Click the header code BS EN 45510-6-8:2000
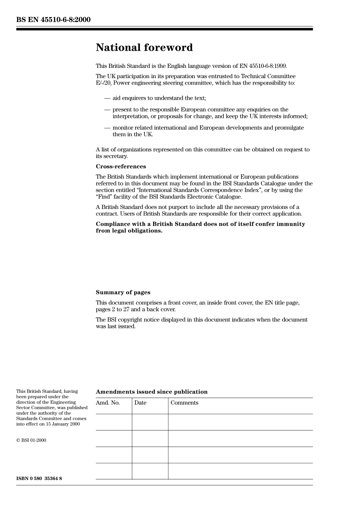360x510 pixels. pos(53,19)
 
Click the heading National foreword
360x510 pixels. pos(144,47)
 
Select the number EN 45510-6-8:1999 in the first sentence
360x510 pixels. pos(265,66)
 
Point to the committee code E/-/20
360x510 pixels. pos(103,83)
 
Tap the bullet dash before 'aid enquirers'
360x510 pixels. pos(107,98)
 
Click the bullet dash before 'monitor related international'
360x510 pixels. pos(107,128)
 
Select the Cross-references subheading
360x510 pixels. pos(121,166)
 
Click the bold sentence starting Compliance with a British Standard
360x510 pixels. pos(200,227)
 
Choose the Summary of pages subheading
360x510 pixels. pos(123,292)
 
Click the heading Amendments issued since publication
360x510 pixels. pos(152,392)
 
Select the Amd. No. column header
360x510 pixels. pos(108,403)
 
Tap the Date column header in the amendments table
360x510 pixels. pos(140,403)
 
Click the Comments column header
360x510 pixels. pos(184,403)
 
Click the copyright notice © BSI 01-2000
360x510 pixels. pos(31,440)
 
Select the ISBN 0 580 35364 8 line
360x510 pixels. pos(39,479)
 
